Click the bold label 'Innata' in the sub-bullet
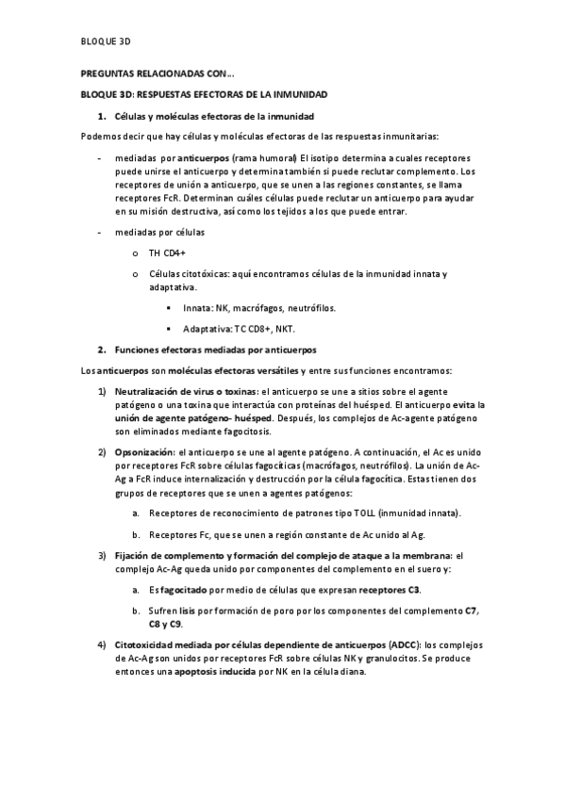coord(198,307)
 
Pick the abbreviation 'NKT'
coord(283,328)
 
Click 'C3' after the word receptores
coord(413,590)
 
